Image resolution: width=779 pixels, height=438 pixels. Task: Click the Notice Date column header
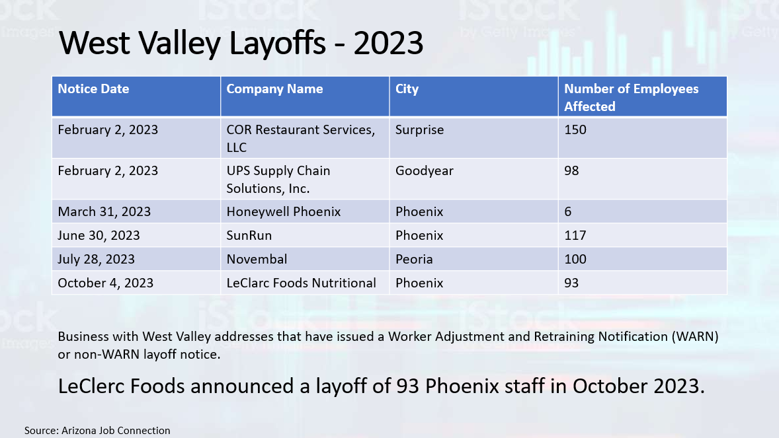pyautogui.click(x=93, y=89)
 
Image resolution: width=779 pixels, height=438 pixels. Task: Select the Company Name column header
pyautogui.click(x=274, y=89)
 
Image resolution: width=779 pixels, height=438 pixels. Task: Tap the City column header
pyautogui.click(x=407, y=89)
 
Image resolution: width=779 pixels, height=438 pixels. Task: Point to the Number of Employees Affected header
pyautogui.click(x=631, y=97)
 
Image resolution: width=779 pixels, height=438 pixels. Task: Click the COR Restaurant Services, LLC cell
pyautogui.click(x=301, y=139)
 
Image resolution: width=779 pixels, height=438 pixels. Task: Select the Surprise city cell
pyautogui.click(x=420, y=130)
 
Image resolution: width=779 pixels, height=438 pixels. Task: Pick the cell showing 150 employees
pyautogui.click(x=575, y=129)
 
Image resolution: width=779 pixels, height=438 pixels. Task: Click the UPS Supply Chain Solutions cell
pyautogui.click(x=278, y=179)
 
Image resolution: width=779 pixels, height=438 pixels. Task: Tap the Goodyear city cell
pyautogui.click(x=425, y=171)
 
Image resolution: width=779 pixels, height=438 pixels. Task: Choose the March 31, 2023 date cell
pyautogui.click(x=104, y=211)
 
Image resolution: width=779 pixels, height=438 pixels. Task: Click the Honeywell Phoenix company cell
pyautogui.click(x=284, y=212)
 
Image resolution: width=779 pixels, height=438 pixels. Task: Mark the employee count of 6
pyautogui.click(x=568, y=212)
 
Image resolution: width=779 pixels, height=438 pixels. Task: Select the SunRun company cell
pyautogui.click(x=249, y=235)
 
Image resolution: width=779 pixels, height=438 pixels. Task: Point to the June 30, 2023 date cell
pyautogui.click(x=99, y=235)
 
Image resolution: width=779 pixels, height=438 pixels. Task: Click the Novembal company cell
pyautogui.click(x=257, y=259)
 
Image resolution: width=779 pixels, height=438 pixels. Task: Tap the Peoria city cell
pyautogui.click(x=414, y=259)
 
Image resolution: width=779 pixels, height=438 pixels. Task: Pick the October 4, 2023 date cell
pyautogui.click(x=105, y=283)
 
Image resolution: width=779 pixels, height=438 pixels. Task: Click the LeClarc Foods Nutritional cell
pyautogui.click(x=301, y=283)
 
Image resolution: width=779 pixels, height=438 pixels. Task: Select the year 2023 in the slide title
pyautogui.click(x=388, y=43)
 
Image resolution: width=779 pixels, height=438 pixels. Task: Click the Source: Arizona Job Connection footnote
pyautogui.click(x=97, y=431)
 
